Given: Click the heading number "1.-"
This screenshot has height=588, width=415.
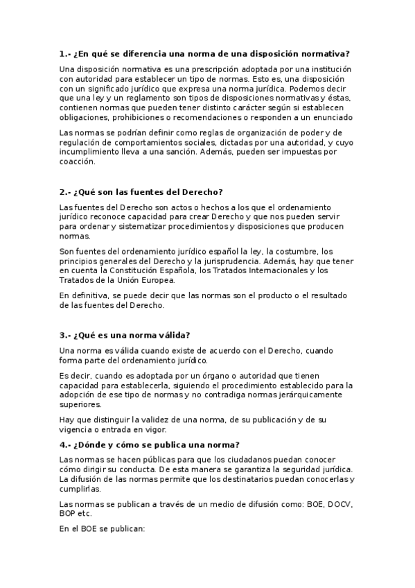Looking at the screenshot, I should pos(66,53).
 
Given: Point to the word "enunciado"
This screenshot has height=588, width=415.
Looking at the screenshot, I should pos(331,118).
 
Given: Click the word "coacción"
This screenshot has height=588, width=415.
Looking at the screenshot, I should pos(76,162).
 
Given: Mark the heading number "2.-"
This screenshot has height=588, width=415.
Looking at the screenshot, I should pos(66,191).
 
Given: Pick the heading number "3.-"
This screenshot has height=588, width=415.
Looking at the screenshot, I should pos(66,334).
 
